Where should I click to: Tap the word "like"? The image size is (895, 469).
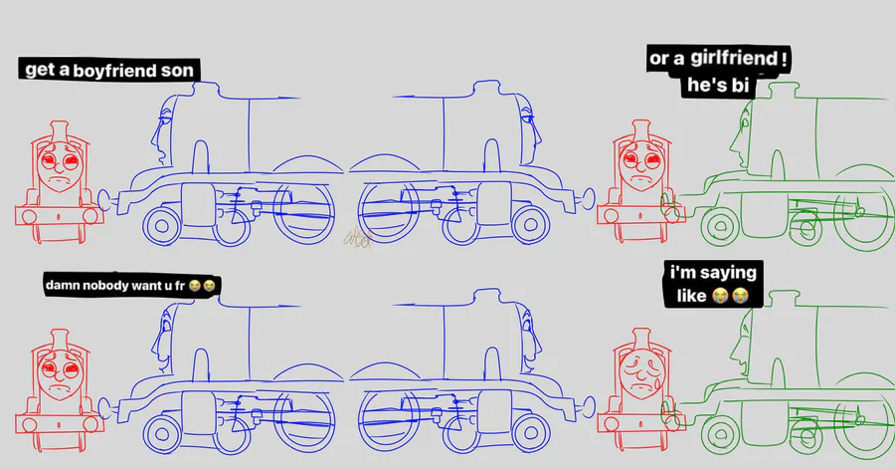click(691, 296)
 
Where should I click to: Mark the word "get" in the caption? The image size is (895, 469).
click(40, 70)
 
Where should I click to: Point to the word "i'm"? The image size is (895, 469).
click(681, 272)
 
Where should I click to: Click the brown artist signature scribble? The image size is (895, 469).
click(358, 238)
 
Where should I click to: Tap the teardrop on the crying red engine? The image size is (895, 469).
click(657, 383)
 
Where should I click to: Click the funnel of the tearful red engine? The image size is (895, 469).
click(641, 339)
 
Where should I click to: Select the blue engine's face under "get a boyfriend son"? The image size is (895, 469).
click(163, 132)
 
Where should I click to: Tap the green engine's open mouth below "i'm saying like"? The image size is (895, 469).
click(743, 365)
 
